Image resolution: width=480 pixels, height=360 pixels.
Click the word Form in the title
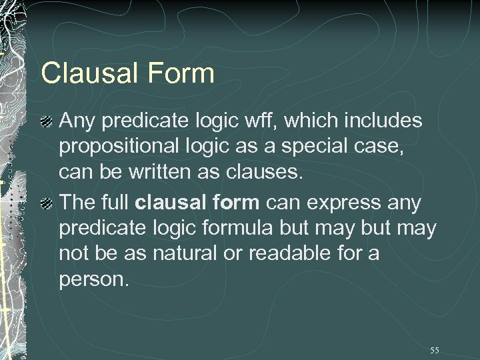[x=181, y=73]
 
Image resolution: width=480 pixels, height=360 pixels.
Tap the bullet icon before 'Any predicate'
[x=46, y=122]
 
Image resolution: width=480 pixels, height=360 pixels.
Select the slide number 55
[x=435, y=350]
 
